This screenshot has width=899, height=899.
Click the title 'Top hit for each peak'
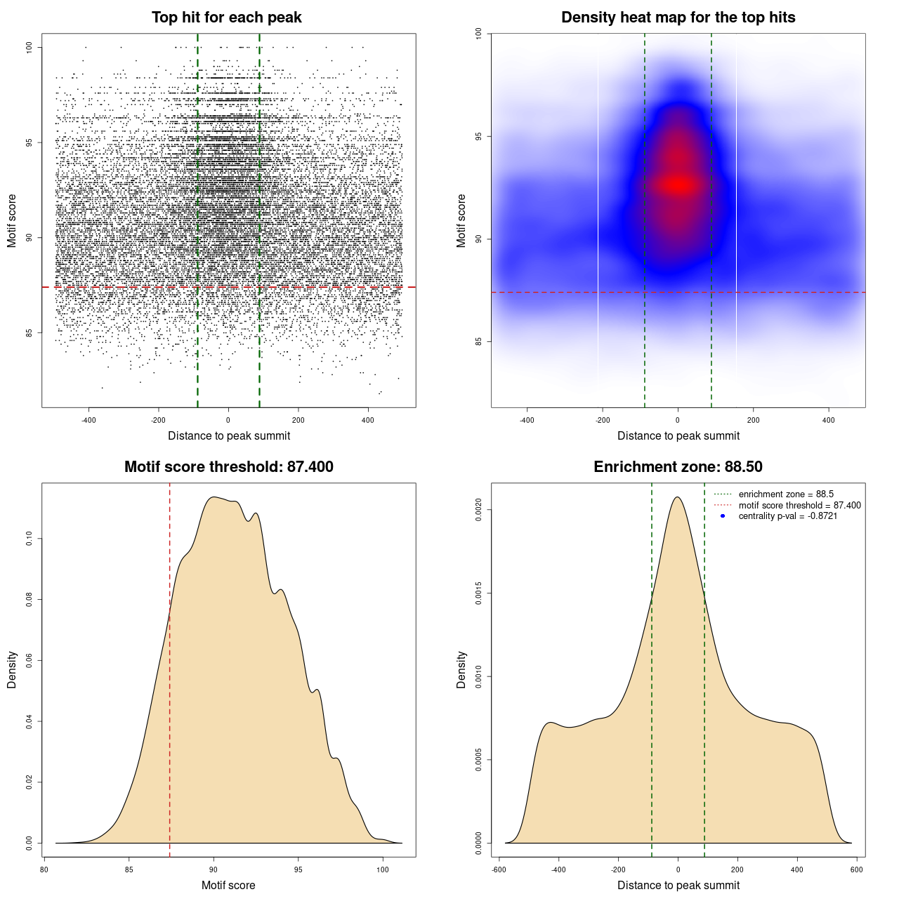[226, 18]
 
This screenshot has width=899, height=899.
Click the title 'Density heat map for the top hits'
[678, 18]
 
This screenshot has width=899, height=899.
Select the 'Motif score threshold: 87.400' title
[228, 467]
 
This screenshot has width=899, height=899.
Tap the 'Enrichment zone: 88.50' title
[678, 467]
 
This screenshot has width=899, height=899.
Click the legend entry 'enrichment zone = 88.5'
[786, 494]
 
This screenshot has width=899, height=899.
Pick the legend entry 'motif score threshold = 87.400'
[799, 505]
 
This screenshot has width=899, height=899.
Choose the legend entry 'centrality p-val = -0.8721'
[787, 516]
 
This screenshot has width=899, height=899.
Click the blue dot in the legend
[723, 516]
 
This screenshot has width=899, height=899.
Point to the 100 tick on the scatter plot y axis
[29, 47]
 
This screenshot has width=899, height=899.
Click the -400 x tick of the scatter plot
[88, 420]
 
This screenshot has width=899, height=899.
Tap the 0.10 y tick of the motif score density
[29, 539]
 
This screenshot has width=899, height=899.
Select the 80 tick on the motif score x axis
[44, 870]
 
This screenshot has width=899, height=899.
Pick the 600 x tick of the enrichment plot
[857, 870]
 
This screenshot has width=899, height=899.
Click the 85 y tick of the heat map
[479, 342]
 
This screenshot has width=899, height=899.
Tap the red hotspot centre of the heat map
[678, 185]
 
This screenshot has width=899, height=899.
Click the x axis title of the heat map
[678, 435]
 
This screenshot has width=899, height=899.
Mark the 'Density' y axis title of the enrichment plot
[461, 669]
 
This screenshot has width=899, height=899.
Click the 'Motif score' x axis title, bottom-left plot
[228, 885]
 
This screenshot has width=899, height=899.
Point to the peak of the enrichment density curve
[678, 497]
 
